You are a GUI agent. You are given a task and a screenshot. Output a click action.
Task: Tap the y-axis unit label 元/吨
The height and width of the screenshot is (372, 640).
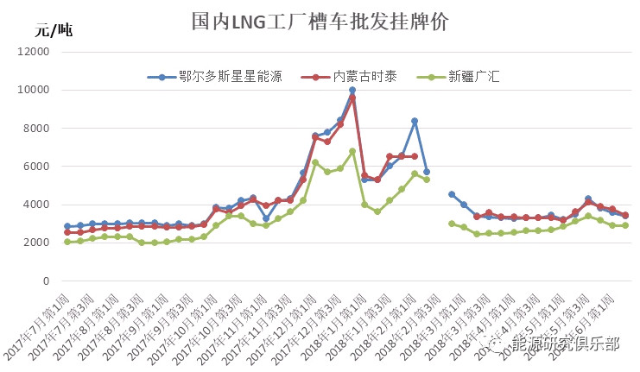coord(54,32)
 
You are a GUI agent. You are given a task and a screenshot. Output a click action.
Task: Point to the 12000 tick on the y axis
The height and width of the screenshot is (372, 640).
coord(35,52)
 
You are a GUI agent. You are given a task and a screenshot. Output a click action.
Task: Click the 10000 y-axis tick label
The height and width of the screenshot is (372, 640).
coord(35,90)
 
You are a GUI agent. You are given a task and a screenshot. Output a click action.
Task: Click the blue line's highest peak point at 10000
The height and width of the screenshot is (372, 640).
coord(352,90)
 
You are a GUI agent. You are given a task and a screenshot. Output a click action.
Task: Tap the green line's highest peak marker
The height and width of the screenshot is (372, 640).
coord(352,151)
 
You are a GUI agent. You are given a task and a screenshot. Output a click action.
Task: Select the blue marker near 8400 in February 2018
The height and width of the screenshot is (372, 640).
coord(415,121)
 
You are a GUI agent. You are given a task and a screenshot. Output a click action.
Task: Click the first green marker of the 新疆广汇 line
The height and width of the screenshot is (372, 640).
coord(67,242)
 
